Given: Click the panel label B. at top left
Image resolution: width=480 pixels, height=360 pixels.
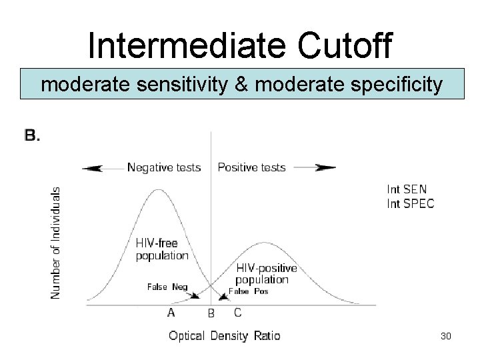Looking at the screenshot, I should pyautogui.click(x=33, y=136).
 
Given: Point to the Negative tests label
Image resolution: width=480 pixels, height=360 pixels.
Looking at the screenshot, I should pyautogui.click(x=163, y=167).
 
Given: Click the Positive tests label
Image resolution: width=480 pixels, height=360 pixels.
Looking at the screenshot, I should pyautogui.click(x=251, y=167).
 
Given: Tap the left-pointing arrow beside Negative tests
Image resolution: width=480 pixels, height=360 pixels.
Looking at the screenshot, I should pyautogui.click(x=101, y=168).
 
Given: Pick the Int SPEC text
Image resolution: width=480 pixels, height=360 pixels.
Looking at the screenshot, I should pyautogui.click(x=410, y=203).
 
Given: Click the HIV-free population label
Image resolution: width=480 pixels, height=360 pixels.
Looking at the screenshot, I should pyautogui.click(x=161, y=249).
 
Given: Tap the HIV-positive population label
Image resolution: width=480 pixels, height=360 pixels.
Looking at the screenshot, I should pyautogui.click(x=266, y=274).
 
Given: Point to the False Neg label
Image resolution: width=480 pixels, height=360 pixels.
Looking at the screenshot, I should pyautogui.click(x=167, y=287).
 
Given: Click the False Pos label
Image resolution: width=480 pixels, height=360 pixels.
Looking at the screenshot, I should pyautogui.click(x=248, y=291).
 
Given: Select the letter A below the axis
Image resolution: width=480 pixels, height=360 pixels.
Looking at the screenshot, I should pyautogui.click(x=171, y=311).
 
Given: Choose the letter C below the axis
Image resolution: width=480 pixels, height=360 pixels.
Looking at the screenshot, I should pyautogui.click(x=238, y=311).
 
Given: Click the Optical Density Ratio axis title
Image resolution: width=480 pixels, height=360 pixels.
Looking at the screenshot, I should pyautogui.click(x=225, y=335).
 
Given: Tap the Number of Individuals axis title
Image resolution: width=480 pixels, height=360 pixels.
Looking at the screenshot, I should pyautogui.click(x=57, y=243).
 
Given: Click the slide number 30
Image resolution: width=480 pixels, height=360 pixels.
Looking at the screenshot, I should pyautogui.click(x=446, y=336).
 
